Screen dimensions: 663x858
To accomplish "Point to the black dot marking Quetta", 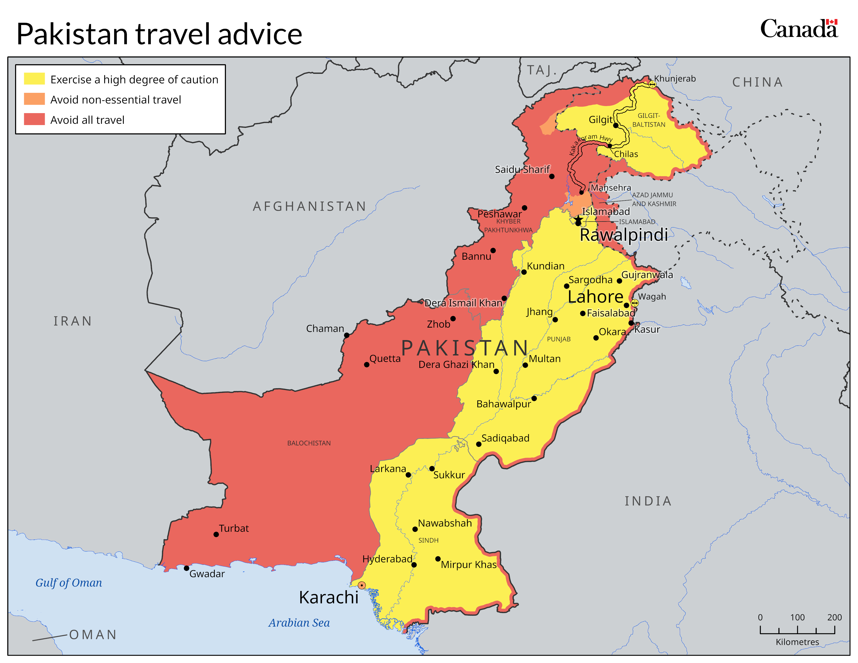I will (367, 365).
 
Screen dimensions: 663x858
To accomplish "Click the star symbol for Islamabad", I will (578, 218).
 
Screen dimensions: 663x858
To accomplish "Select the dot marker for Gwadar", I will (187, 568).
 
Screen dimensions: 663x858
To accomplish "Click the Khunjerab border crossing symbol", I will (652, 84).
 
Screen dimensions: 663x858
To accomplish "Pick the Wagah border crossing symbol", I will (634, 303).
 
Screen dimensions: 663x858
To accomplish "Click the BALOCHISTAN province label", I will (309, 443).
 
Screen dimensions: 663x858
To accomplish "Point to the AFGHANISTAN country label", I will (310, 206).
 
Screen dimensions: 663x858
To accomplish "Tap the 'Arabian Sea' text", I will (299, 623).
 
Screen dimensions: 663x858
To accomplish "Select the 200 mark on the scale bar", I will (834, 617).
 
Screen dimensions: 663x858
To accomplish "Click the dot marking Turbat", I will (216, 534).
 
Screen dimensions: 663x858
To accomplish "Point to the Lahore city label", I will (595, 297).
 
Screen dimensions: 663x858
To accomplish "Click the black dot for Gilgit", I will (616, 125).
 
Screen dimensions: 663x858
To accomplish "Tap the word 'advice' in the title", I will (260, 34).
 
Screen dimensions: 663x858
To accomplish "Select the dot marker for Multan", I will (525, 365).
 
